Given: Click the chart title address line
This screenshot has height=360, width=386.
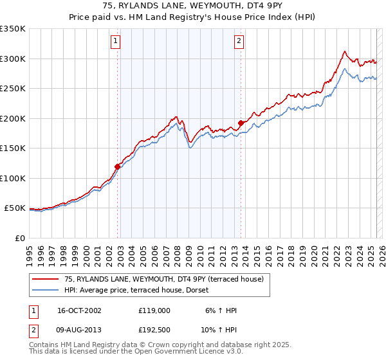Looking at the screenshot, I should (192, 5).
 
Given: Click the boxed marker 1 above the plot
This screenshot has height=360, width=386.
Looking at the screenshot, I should (116, 41).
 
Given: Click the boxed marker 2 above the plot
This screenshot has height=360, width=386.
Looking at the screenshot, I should (239, 41).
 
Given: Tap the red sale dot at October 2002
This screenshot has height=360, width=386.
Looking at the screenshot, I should (118, 166).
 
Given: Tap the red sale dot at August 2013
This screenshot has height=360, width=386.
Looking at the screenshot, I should (241, 123).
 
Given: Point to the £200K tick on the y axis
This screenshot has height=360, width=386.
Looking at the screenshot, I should (13, 118).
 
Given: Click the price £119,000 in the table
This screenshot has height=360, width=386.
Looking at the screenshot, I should (154, 310).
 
